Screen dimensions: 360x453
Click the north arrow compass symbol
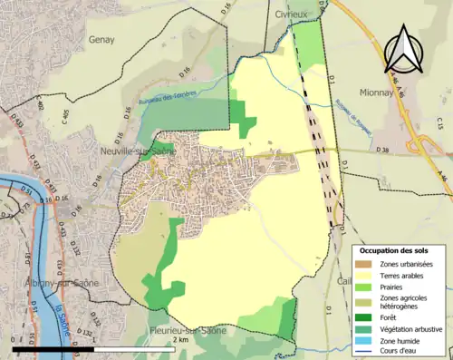404,47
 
